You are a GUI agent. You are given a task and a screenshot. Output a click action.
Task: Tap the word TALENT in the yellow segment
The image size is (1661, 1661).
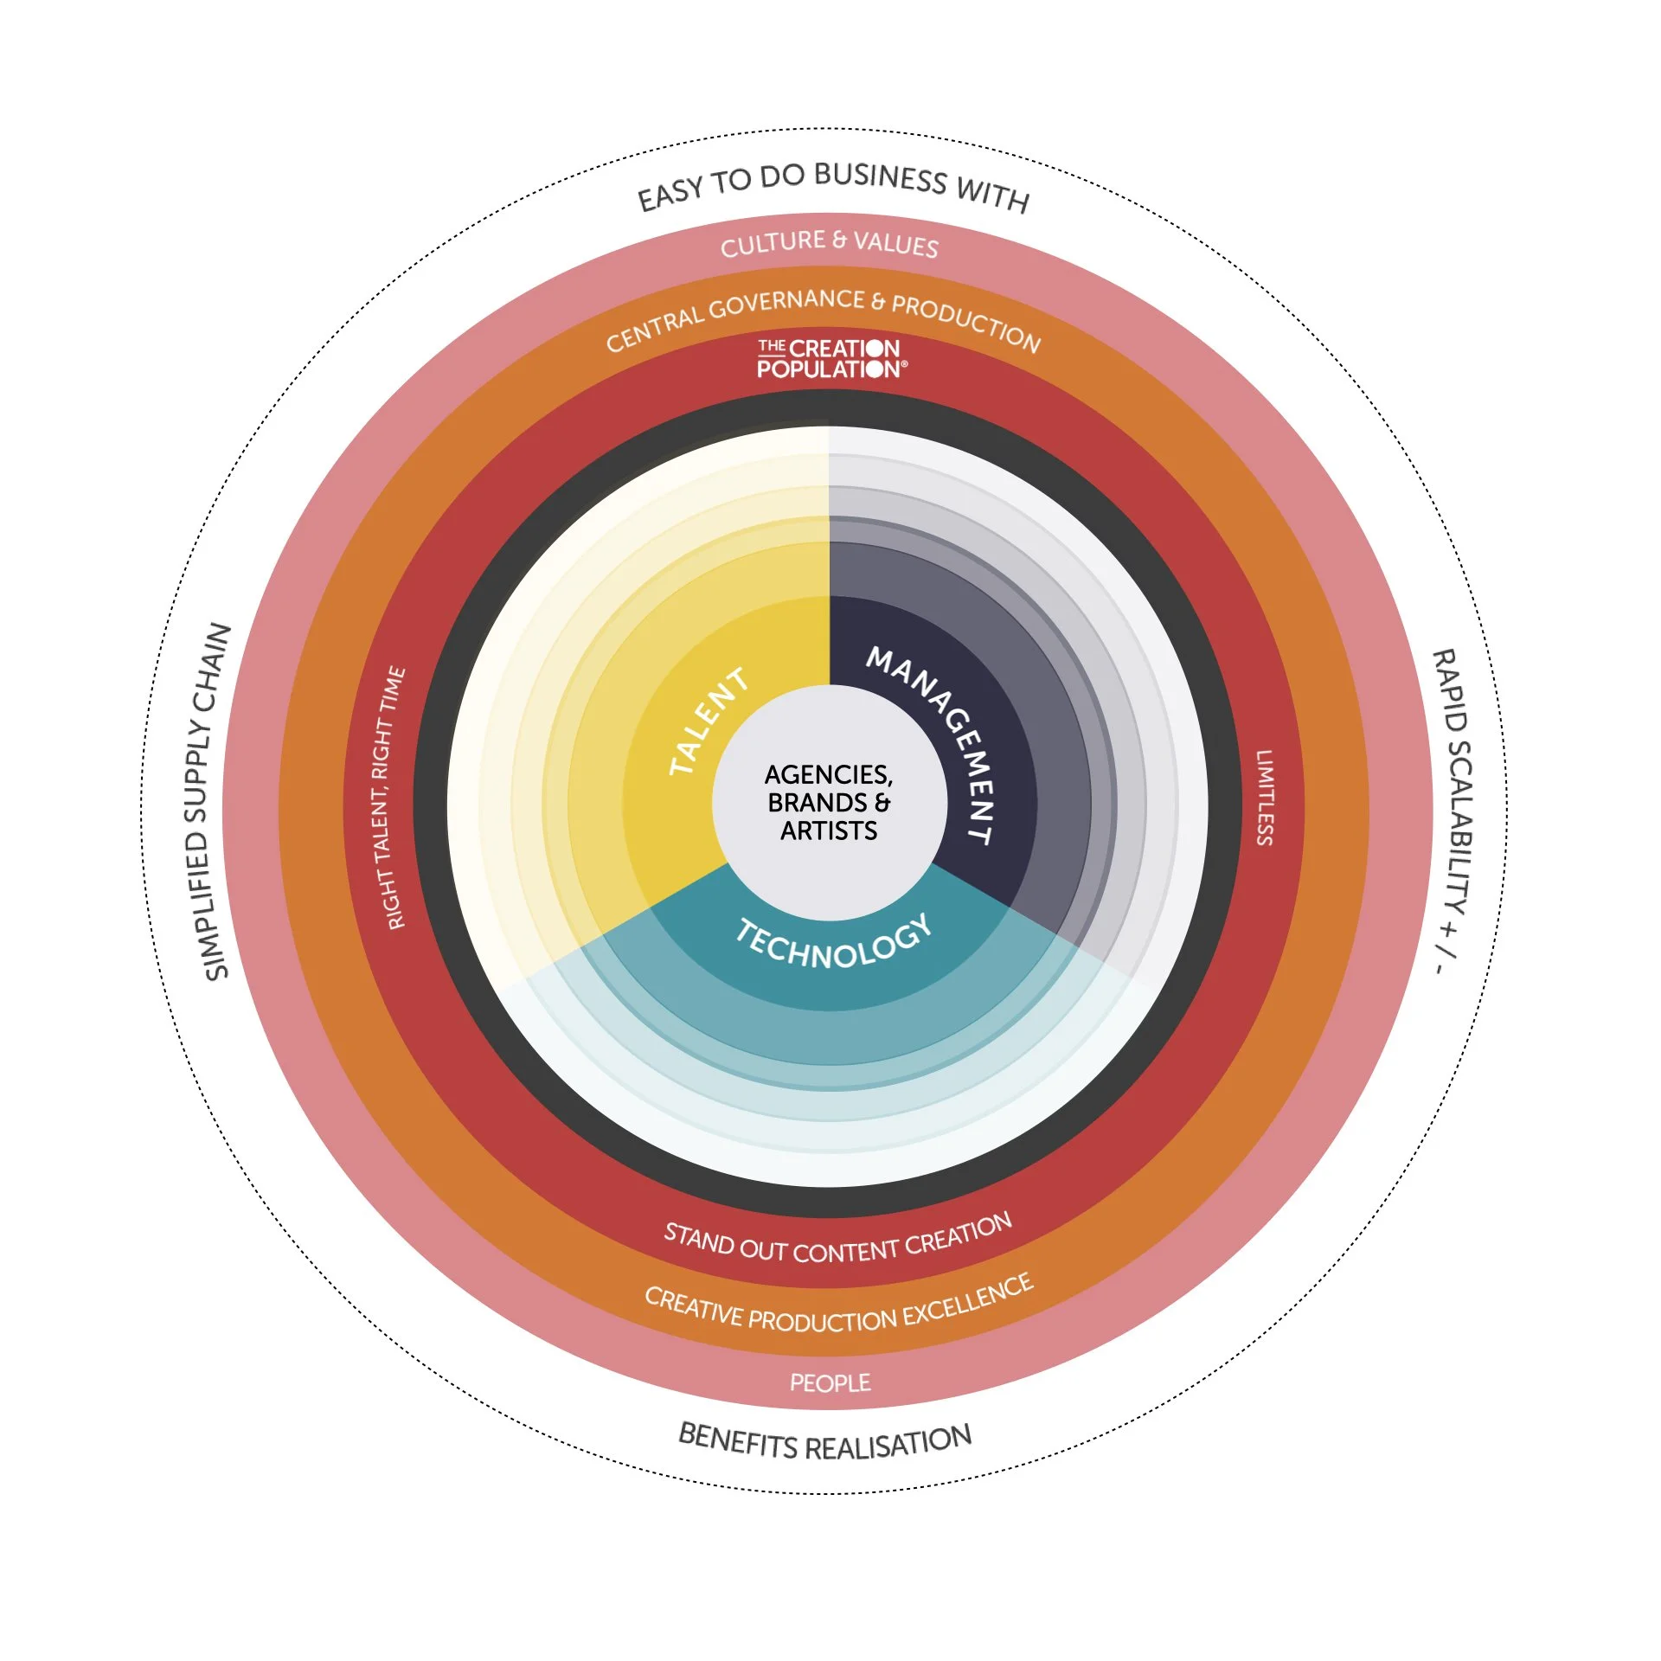pos(709,721)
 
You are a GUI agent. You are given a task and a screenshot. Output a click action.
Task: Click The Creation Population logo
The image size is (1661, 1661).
pos(830,359)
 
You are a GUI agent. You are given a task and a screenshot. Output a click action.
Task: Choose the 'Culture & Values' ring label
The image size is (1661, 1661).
pos(829,243)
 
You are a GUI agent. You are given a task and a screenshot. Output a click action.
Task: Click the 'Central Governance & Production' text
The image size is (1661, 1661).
pos(823,318)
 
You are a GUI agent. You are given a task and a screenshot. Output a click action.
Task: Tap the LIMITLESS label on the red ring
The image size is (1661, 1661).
pos(1265,797)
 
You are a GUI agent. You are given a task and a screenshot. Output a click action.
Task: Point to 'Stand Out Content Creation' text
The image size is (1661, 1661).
pos(837,1242)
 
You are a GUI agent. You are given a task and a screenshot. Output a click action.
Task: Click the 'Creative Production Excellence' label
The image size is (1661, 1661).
pos(837,1308)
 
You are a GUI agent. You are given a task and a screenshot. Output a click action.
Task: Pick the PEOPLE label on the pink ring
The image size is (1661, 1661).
pos(830,1382)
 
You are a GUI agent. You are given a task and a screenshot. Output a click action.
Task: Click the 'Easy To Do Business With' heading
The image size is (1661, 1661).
pos(832,183)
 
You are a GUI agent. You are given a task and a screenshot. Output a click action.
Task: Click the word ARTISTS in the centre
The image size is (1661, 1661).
pos(829,831)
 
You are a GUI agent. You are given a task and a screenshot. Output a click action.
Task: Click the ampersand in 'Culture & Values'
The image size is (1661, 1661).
pos(838,239)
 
